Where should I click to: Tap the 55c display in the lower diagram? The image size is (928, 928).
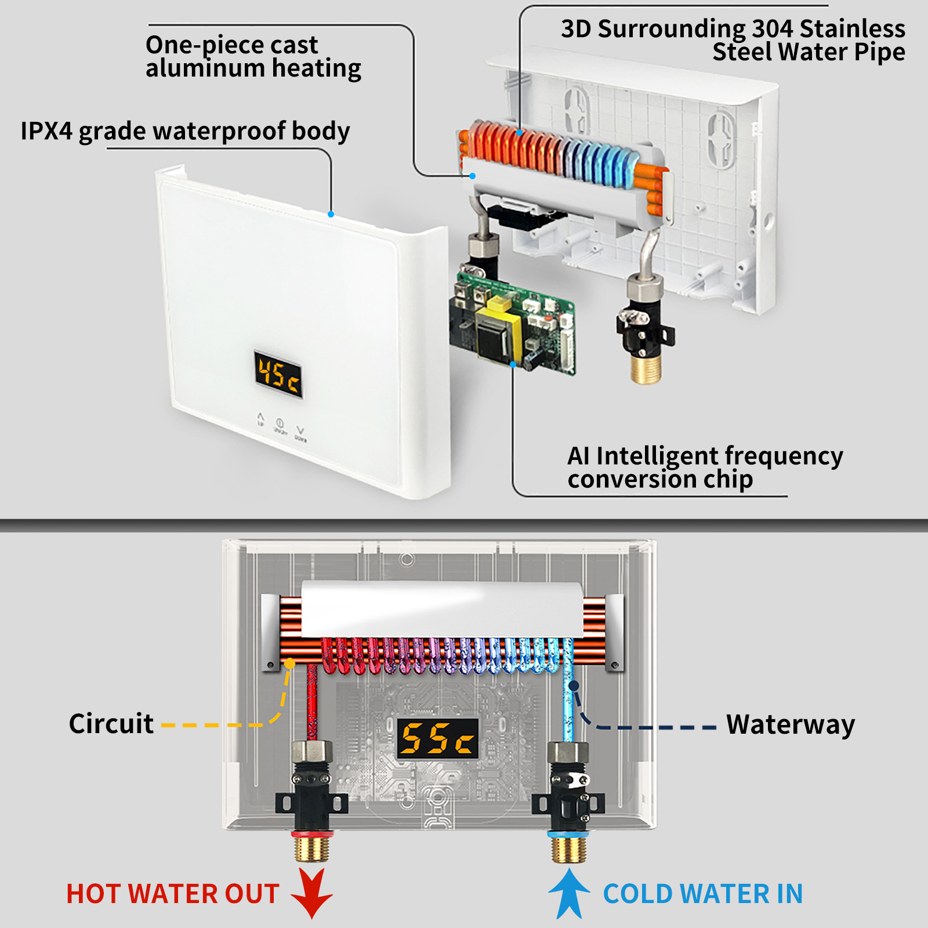(438, 738)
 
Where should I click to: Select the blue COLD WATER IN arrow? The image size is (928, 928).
(569, 893)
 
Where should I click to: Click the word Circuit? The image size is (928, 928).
(111, 724)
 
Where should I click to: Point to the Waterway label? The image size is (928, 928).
(790, 724)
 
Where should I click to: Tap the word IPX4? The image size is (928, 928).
(46, 131)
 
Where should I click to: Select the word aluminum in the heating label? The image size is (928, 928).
(205, 69)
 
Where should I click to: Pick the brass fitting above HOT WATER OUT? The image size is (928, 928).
(312, 848)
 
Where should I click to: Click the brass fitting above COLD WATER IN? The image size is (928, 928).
(568, 848)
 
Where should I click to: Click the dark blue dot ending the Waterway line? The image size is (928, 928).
(574, 686)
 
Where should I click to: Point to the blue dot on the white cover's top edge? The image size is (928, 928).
(331, 214)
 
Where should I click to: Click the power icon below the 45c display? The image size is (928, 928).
(280, 423)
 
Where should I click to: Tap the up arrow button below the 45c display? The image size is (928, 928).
(260, 416)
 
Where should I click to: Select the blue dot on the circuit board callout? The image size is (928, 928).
(513, 364)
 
